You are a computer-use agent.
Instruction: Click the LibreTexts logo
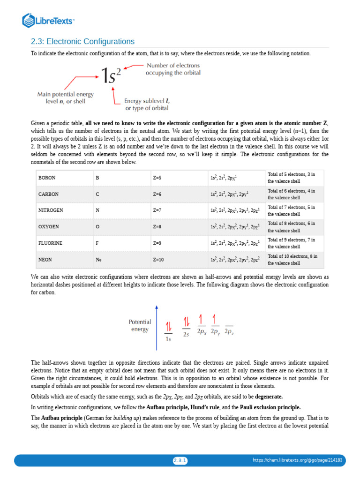pyautogui.click(x=48, y=20)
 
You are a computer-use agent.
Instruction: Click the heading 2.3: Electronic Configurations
pyautogui.click(x=82, y=42)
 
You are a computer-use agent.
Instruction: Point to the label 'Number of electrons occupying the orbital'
pyautogui.click(x=173, y=69)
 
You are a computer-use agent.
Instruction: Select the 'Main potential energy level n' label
pyautogui.click(x=66, y=97)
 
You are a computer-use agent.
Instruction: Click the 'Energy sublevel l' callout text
pyautogui.click(x=147, y=104)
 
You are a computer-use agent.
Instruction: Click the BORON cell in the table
pyautogui.click(x=47, y=178)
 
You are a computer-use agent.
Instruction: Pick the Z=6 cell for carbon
pyautogui.click(x=157, y=194)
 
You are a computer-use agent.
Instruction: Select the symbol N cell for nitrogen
pyautogui.click(x=97, y=210)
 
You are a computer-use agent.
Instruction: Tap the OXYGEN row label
pyautogui.click(x=49, y=226)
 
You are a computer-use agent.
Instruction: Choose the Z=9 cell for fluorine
pyautogui.click(x=157, y=243)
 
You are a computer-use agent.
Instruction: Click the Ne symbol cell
pyautogui.click(x=98, y=259)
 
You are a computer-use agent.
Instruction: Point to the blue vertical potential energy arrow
pyautogui.click(x=157, y=328)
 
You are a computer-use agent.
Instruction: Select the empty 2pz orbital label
pyautogui.click(x=229, y=332)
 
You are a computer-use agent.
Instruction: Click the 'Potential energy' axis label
pyautogui.click(x=140, y=325)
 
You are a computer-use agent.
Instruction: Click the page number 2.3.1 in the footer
pyautogui.click(x=180, y=461)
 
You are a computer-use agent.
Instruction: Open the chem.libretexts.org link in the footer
pyautogui.click(x=298, y=461)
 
